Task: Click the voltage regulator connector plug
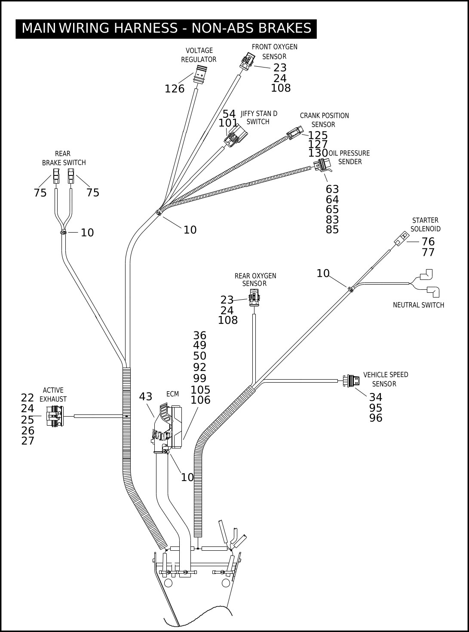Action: (x=200, y=74)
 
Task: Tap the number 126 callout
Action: (x=175, y=89)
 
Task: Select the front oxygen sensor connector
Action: (x=247, y=61)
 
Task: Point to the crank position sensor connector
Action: (x=294, y=133)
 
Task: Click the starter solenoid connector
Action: (x=402, y=238)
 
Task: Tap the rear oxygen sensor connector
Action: (x=254, y=298)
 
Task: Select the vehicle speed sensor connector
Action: (x=351, y=381)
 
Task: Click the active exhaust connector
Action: (x=55, y=416)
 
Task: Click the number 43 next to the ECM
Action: (x=146, y=397)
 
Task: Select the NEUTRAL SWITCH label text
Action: (x=418, y=305)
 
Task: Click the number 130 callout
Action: (x=318, y=153)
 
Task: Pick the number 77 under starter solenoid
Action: (x=428, y=252)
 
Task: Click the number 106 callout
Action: (x=200, y=400)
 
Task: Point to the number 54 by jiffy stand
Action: (x=229, y=114)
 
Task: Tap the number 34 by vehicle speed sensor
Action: (x=376, y=397)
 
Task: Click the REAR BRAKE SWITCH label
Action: (x=64, y=158)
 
